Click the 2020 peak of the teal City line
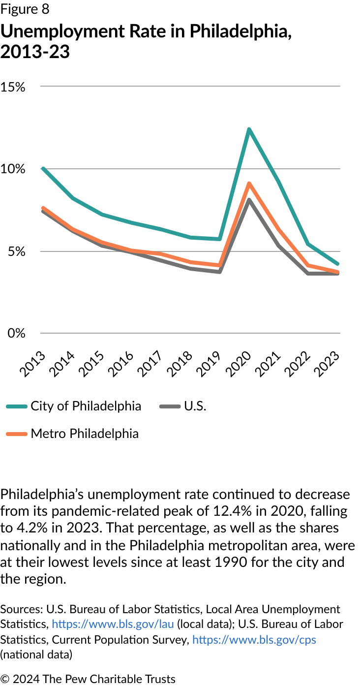[x=249, y=130]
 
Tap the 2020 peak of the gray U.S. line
[x=249, y=200]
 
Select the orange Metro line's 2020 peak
[x=249, y=184]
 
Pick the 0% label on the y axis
[x=16, y=333]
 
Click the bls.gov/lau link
[x=113, y=624]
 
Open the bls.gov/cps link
[x=254, y=640]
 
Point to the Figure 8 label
[x=25, y=9]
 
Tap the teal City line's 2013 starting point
[x=43, y=169]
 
